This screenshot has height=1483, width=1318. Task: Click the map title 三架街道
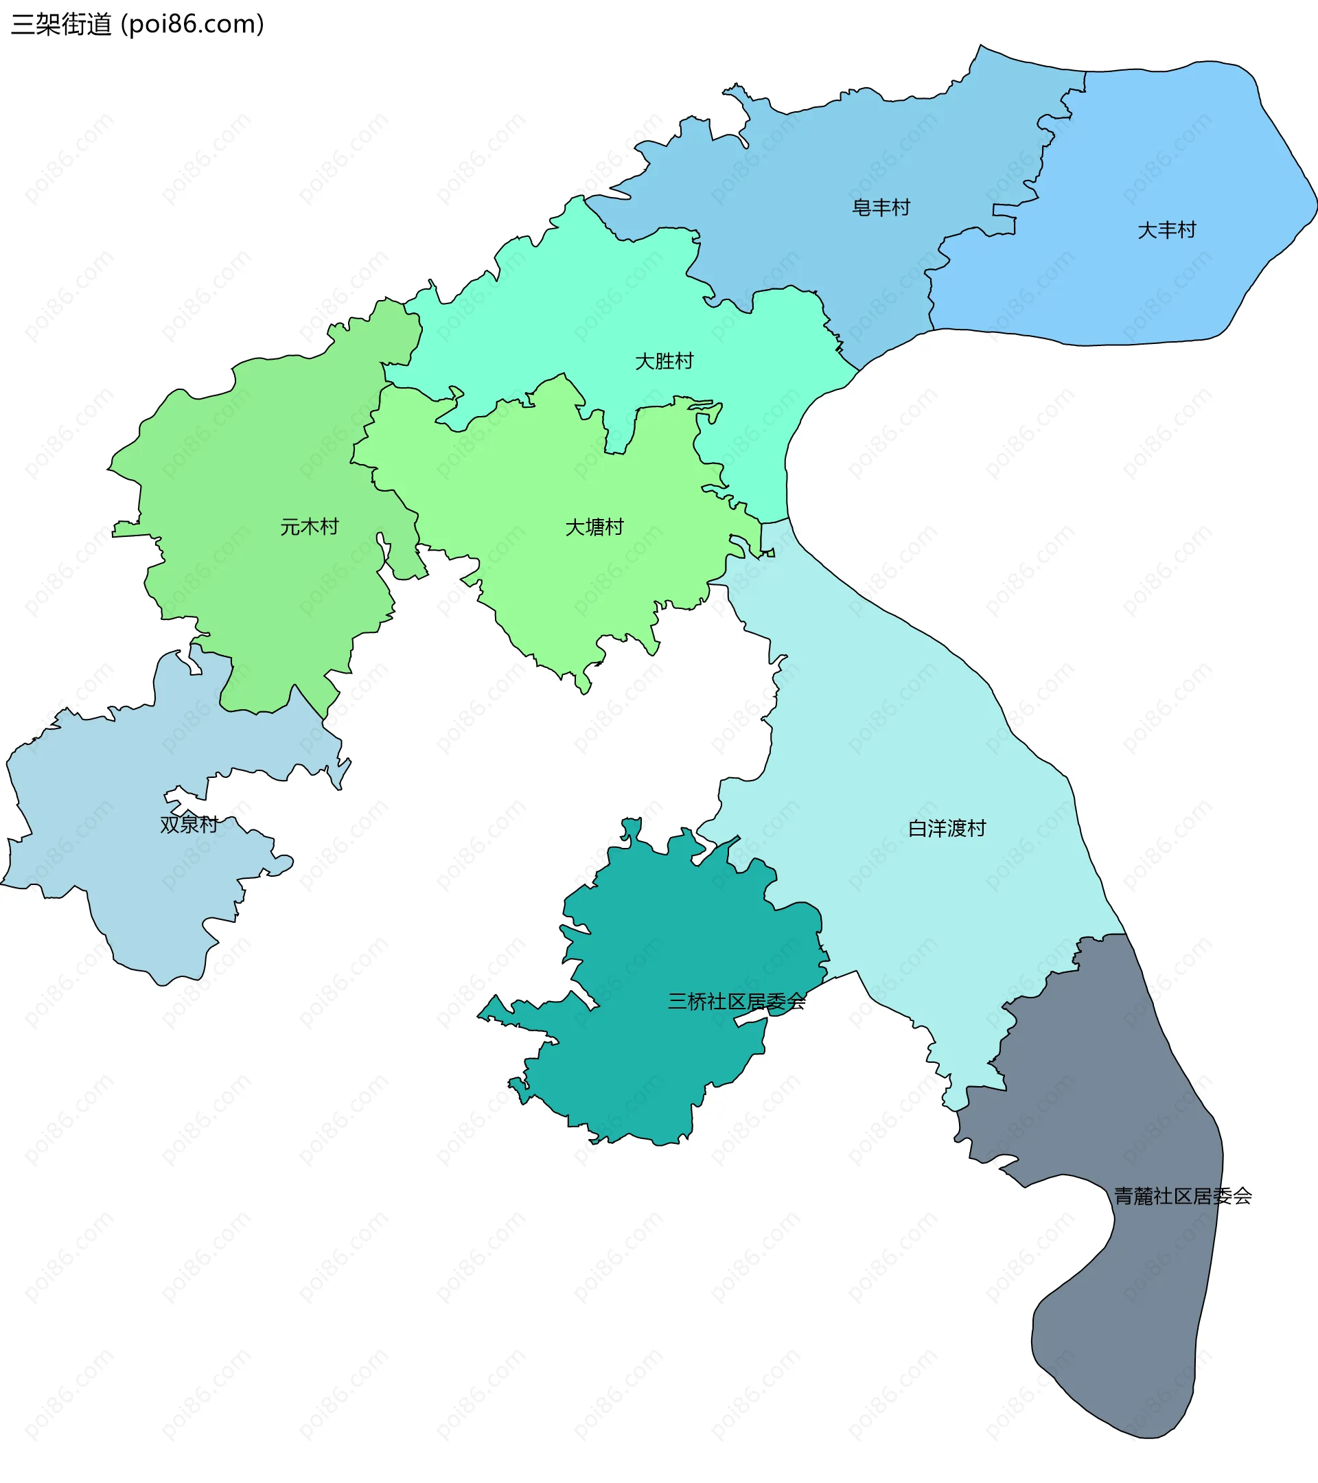coord(62,24)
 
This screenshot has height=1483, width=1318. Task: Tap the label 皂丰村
coord(881,208)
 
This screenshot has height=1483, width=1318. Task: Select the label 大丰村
coord(1166,231)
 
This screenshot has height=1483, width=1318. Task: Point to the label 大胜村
coord(664,361)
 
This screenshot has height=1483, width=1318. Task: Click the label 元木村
coord(310,527)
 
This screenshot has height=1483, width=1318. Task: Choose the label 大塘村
coord(594,527)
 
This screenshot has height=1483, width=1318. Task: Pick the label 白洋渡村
coord(947,829)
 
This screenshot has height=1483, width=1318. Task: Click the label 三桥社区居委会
coord(737,1002)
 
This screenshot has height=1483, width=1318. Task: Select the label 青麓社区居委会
coord(1182,1197)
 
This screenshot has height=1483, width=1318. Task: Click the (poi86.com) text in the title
coord(192,24)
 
